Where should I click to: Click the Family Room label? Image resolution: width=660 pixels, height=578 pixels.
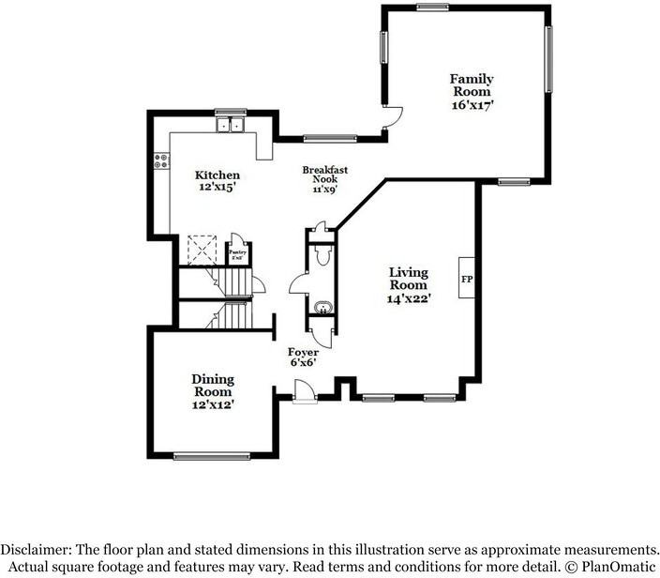click(x=472, y=85)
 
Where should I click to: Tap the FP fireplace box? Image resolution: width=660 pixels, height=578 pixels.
click(x=466, y=280)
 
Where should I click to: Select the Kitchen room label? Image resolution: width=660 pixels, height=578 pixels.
click(x=217, y=175)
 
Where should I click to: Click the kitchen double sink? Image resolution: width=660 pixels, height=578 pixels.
click(x=229, y=125)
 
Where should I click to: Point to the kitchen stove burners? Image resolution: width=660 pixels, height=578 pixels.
click(x=159, y=162)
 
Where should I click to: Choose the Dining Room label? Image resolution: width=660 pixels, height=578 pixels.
click(x=214, y=385)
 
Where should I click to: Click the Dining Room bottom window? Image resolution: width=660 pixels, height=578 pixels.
click(x=213, y=457)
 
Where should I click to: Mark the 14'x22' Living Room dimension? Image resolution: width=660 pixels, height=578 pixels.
click(x=410, y=297)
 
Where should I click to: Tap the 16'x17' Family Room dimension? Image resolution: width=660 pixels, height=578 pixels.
click(x=472, y=106)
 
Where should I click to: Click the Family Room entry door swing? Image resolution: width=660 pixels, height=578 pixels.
click(x=394, y=116)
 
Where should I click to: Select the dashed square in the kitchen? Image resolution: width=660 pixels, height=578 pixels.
click(x=202, y=250)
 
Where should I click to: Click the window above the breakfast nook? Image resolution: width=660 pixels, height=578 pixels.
click(x=330, y=139)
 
